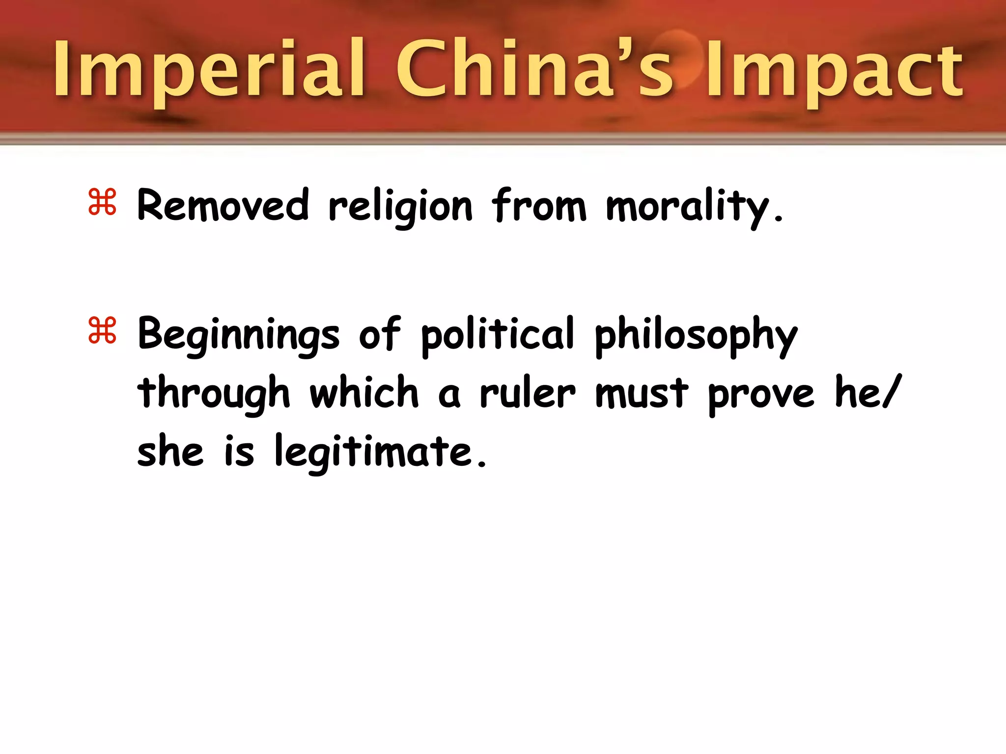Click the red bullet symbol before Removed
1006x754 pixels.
(x=102, y=202)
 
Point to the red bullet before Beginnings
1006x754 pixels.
(x=102, y=330)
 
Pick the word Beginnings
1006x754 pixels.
(x=238, y=335)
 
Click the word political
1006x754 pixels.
(x=498, y=335)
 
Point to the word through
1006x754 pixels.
(x=214, y=394)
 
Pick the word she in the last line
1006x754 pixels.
(x=170, y=452)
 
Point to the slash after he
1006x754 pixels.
(x=892, y=391)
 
